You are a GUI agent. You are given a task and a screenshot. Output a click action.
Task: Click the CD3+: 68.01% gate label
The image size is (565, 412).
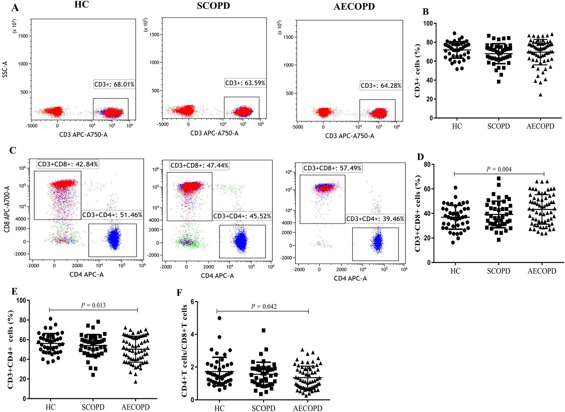pos(114,85)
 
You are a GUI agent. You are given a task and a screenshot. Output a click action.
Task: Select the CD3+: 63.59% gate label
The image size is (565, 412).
pos(245,83)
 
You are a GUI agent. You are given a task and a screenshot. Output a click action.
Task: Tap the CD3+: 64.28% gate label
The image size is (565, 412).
pos(381,86)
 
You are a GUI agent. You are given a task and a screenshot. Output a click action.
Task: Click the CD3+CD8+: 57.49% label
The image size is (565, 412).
pos(333,168)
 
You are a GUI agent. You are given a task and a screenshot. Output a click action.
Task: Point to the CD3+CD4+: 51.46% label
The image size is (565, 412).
pos(112,215)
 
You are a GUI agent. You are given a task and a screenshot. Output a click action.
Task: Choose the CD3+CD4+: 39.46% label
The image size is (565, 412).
pos(375,219)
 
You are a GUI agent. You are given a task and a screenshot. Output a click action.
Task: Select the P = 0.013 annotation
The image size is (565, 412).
pos(93,305)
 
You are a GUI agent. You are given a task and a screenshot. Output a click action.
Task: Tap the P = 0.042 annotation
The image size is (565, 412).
pos(264,307)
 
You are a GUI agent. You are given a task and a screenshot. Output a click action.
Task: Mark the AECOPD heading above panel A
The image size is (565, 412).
pos(354,7)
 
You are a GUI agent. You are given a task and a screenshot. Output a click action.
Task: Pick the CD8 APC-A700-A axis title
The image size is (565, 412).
pos(6,206)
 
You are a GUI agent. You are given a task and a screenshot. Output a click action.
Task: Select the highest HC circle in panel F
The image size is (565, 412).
pos(220,318)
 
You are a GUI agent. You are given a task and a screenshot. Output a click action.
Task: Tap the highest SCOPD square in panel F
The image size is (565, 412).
pos(263,330)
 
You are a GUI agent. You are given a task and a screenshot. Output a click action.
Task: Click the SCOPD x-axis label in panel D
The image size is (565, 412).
pos(498,271)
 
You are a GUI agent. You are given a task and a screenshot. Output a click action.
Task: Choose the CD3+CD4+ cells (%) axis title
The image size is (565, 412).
pos(11,350)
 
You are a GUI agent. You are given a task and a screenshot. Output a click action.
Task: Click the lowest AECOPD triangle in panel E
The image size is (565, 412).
pos(136,382)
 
